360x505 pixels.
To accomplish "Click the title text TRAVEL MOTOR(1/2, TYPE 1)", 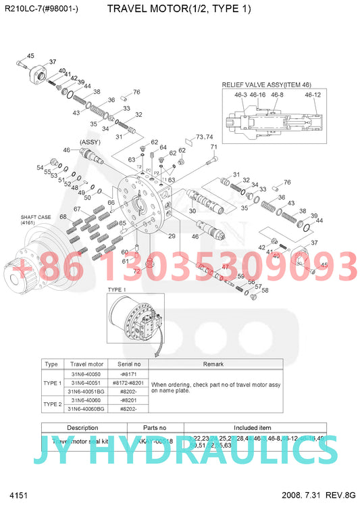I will click(179, 9).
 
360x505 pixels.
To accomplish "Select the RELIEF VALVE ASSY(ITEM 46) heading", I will click(267, 85).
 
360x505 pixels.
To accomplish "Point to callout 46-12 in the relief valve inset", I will click(312, 95).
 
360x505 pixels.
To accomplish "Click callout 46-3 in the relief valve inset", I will click(240, 95).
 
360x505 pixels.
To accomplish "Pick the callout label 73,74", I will click(204, 137).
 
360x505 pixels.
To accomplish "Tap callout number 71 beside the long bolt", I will click(214, 147).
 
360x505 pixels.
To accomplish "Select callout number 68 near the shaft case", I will click(63, 217).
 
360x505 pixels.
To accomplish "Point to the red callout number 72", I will click(136, 271).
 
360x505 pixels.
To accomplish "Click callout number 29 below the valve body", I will click(172, 236).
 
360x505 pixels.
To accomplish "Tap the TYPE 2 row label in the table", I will click(52, 404).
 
